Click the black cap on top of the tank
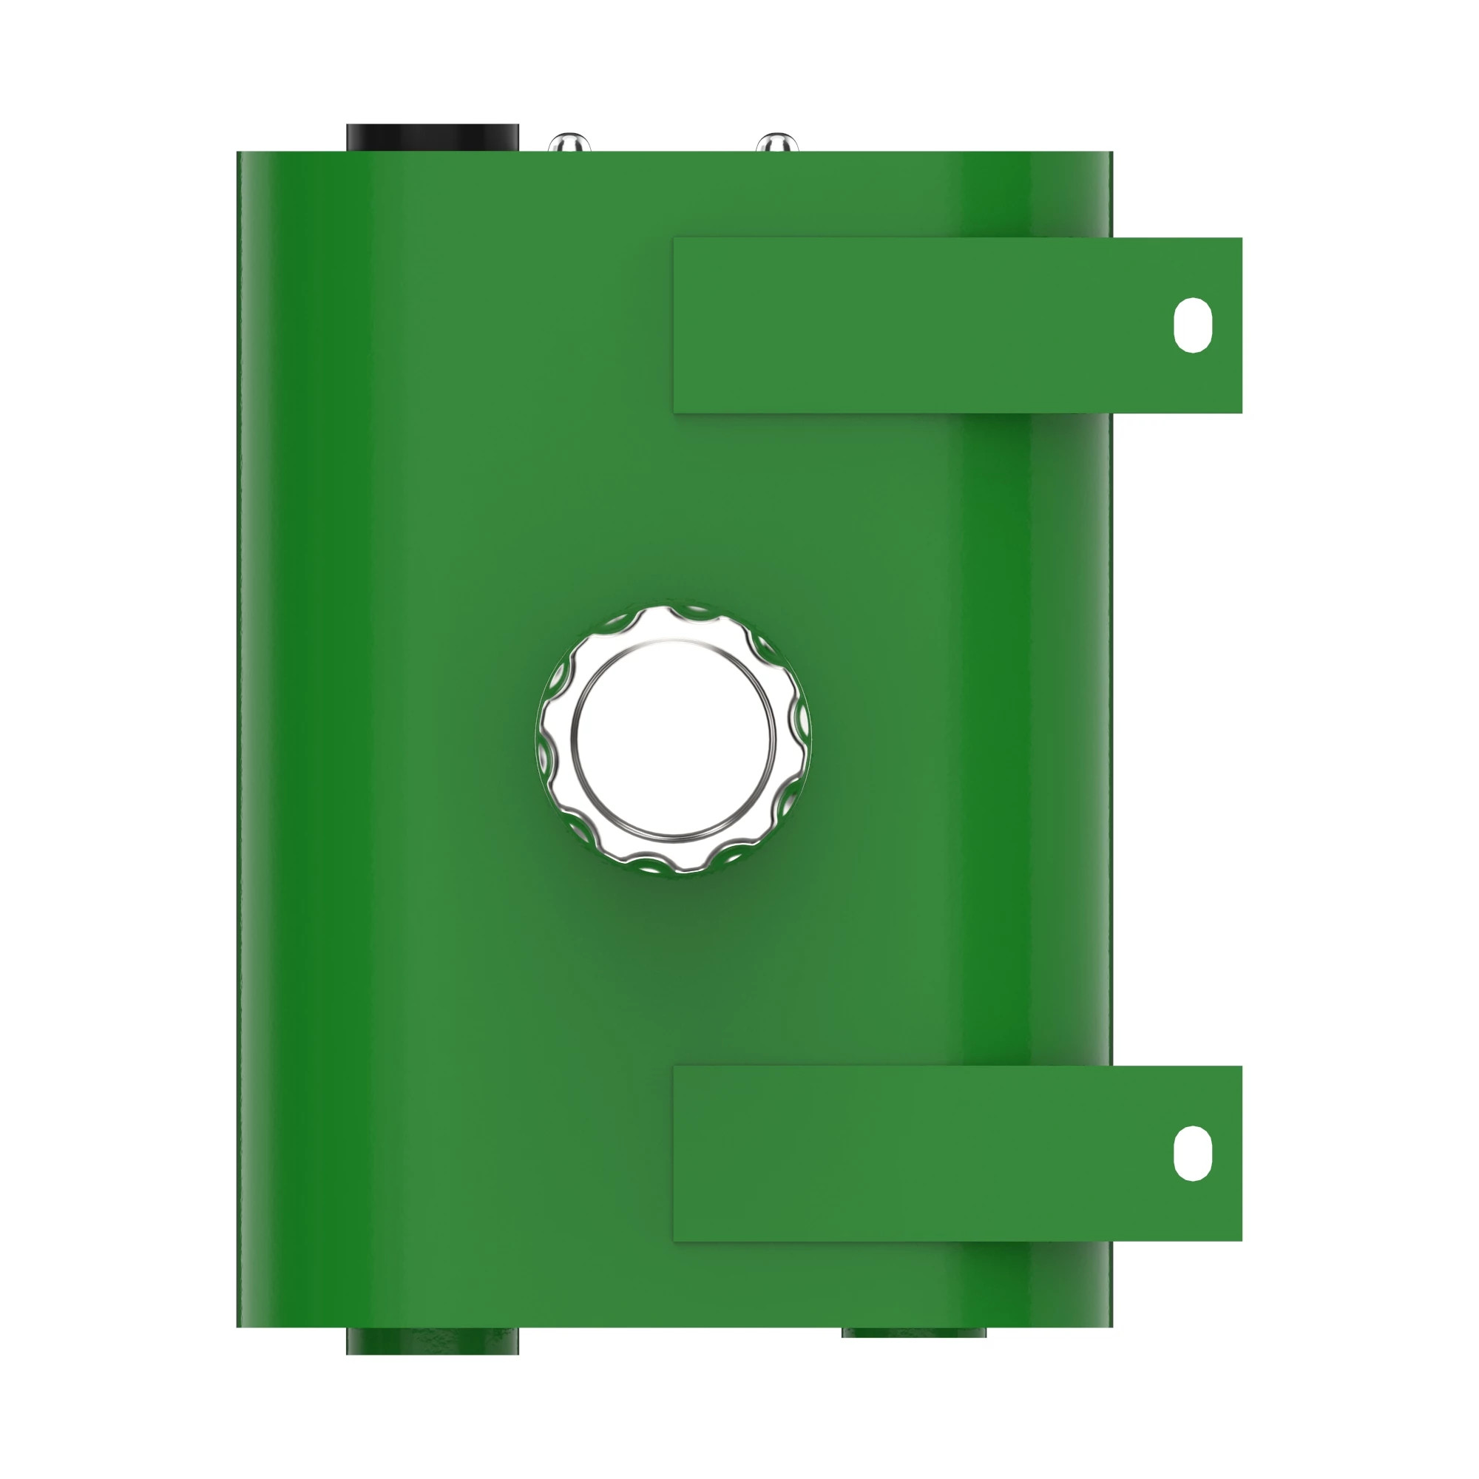point(433,138)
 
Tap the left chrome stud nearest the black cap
point(569,143)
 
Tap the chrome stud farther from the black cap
point(776,143)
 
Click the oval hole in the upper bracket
point(1192,325)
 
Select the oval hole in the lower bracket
point(1192,1153)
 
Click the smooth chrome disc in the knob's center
point(673,739)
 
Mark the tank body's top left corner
point(238,152)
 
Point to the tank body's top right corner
point(1111,152)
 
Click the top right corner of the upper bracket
point(1241,239)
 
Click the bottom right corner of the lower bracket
point(1241,1240)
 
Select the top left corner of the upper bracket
point(674,239)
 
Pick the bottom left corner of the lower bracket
point(674,1240)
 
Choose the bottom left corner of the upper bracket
point(674,412)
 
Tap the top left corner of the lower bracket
point(674,1067)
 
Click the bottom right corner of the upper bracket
point(1241,412)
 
